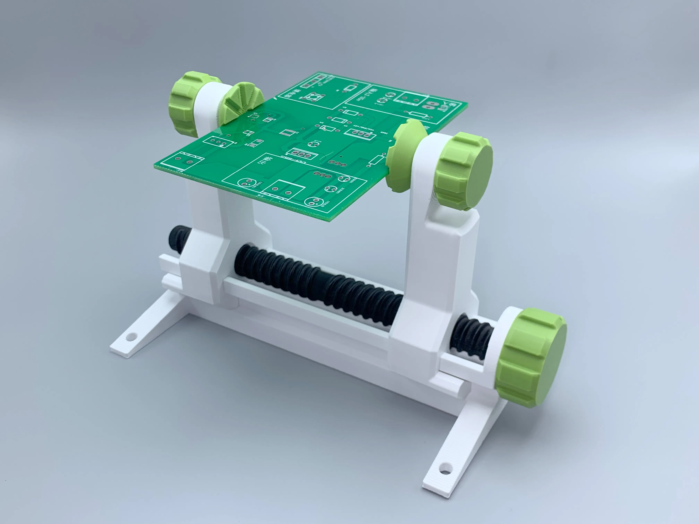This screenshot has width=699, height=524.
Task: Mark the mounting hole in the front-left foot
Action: (x=129, y=337)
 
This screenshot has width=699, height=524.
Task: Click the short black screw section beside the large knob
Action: (x=471, y=338)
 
